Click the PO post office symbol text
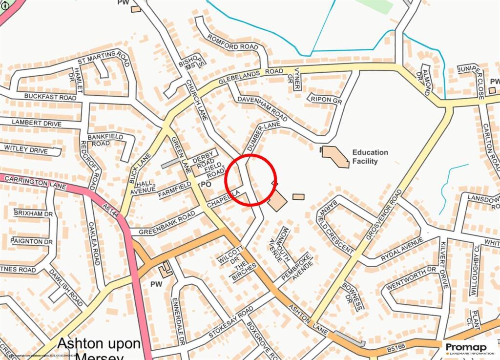point(206,185)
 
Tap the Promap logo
point(469,348)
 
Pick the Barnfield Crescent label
point(336,227)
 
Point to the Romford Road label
point(232,43)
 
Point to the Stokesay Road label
point(230,322)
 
